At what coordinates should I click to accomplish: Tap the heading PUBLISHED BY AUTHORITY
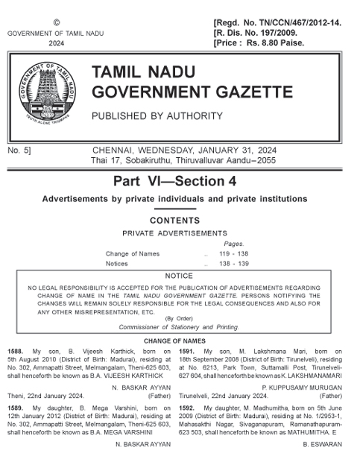[x=157, y=116]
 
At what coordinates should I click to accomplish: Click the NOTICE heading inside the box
[x=179, y=276]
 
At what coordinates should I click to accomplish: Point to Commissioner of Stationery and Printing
[x=179, y=326]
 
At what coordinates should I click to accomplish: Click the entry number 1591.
[x=189, y=349]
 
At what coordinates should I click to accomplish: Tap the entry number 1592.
[x=189, y=408]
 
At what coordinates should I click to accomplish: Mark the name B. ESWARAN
[x=322, y=444]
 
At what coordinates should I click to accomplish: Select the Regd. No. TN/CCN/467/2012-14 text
[x=277, y=24]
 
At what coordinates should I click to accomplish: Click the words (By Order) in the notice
[x=179, y=318]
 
